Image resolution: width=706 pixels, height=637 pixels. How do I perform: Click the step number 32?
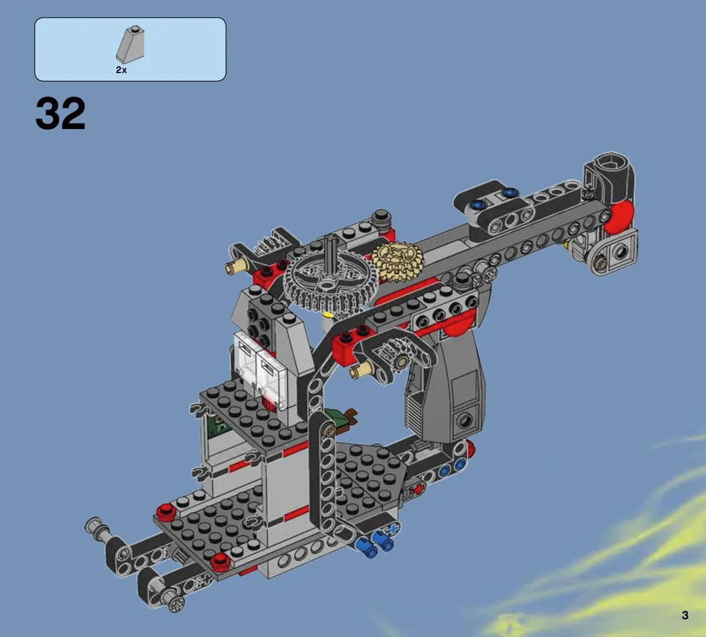[x=60, y=114]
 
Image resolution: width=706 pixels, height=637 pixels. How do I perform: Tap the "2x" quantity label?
[x=121, y=70]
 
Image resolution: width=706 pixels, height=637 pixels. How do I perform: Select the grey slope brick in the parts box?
[x=131, y=45]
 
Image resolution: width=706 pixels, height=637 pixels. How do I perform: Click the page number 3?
[x=685, y=615]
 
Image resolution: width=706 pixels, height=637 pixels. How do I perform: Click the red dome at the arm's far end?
[x=619, y=217]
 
